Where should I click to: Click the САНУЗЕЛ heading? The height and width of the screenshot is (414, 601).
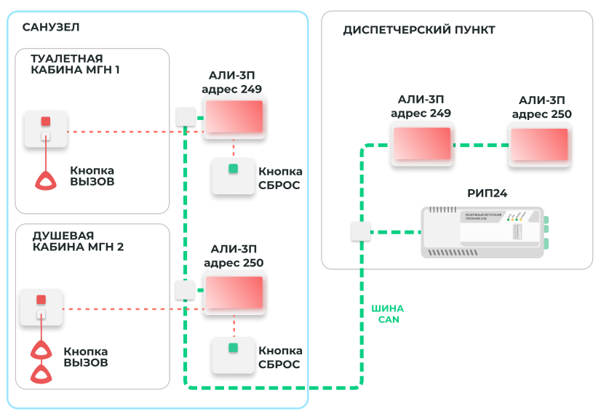click(x=50, y=28)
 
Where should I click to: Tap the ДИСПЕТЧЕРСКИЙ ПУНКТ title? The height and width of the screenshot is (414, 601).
click(x=418, y=30)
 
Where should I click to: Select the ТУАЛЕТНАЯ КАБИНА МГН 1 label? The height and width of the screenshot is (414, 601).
click(x=76, y=64)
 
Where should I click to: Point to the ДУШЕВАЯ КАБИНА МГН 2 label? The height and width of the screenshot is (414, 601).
click(x=78, y=241)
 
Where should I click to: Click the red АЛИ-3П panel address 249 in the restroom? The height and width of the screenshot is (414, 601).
click(x=234, y=117)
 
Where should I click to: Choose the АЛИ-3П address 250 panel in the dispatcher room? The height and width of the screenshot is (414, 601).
click(x=539, y=145)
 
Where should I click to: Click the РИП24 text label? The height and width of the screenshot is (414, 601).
click(x=487, y=193)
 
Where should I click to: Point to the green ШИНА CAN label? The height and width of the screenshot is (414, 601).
click(x=388, y=314)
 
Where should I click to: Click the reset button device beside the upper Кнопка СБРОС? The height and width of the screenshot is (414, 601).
click(x=233, y=175)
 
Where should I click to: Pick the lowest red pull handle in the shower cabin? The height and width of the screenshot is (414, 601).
click(x=41, y=374)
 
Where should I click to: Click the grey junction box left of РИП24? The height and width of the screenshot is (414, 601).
click(x=361, y=231)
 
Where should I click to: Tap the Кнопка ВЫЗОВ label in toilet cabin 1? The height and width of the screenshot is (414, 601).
click(x=92, y=175)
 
